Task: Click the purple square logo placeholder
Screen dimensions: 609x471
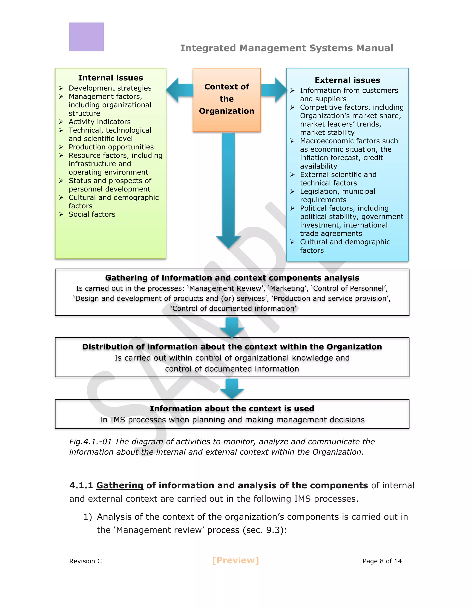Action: tap(86, 37)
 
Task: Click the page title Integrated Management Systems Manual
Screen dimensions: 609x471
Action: tap(286, 48)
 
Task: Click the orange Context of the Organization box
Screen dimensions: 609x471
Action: tap(227, 99)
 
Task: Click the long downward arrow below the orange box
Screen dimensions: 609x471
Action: tap(228, 190)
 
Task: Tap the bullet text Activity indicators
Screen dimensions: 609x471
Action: tap(100, 122)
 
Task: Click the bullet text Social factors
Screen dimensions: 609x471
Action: tap(92, 214)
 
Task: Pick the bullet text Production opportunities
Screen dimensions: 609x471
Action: tap(111, 147)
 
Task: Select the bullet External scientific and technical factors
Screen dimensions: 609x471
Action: tap(338, 179)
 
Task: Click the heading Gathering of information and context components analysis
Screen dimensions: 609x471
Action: tap(232, 278)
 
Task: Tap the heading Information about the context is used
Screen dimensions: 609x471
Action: tap(232, 409)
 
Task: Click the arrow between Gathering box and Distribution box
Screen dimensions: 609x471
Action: tap(232, 327)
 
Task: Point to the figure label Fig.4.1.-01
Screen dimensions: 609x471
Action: tap(90, 442)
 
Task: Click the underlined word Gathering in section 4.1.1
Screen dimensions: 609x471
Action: tap(120, 485)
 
